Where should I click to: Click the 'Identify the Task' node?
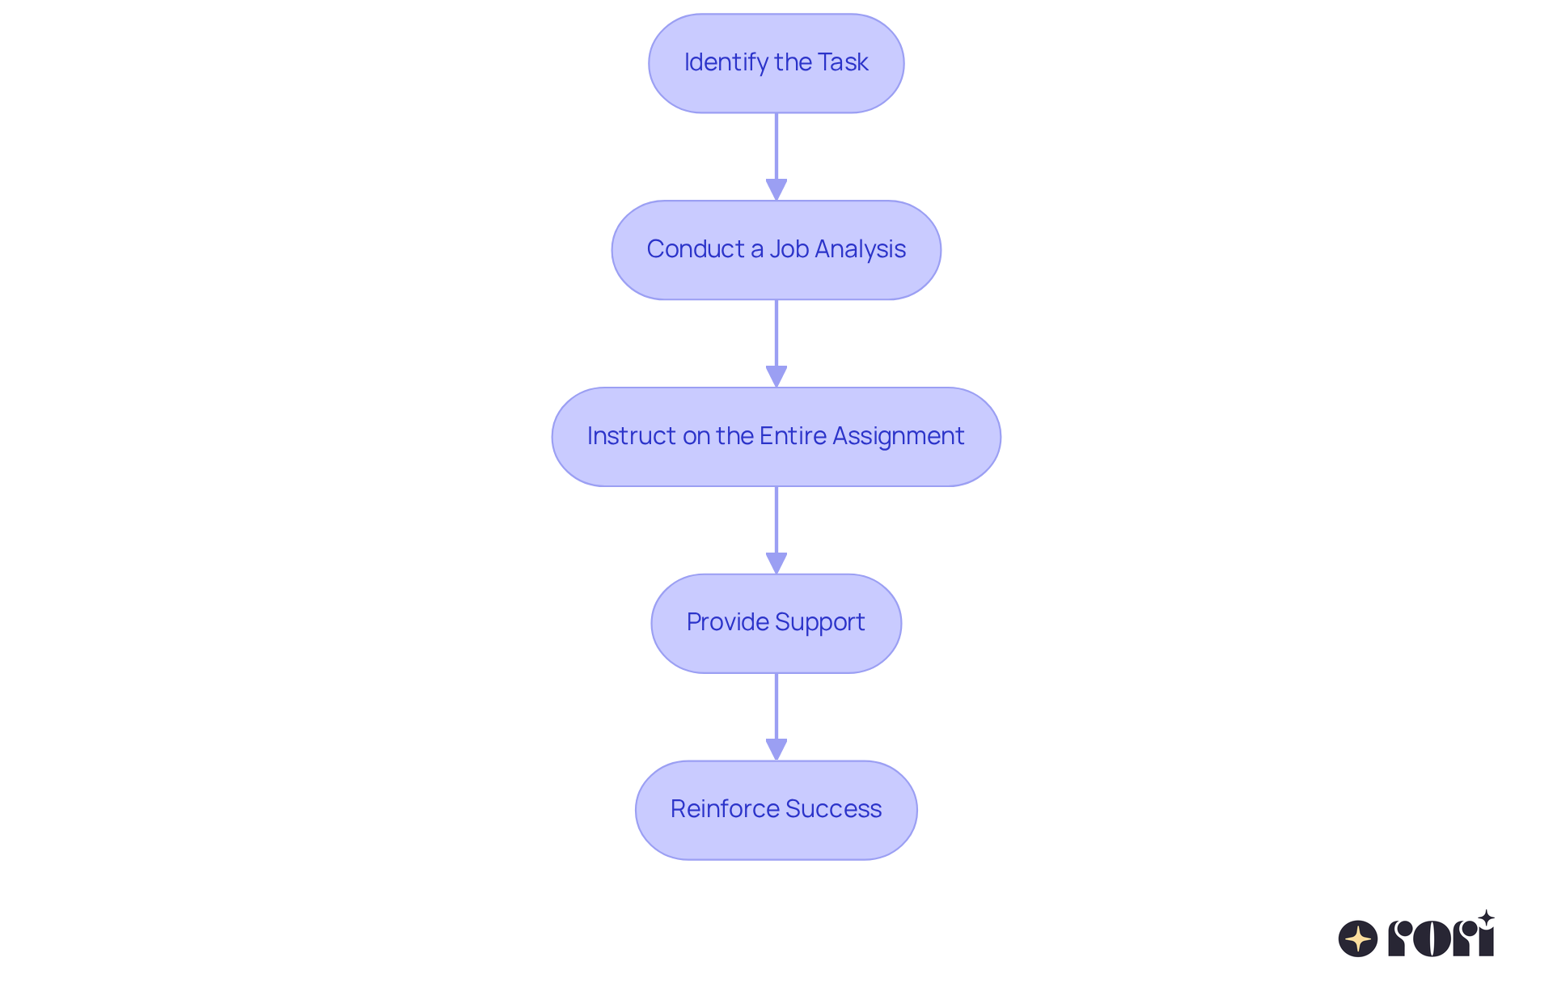pos(776,63)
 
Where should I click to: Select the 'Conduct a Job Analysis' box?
pos(776,250)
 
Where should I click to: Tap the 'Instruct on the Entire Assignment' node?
pos(776,437)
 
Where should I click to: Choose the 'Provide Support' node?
pos(776,623)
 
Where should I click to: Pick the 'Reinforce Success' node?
pos(776,810)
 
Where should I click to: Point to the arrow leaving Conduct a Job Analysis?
pos(776,343)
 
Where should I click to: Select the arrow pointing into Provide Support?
pos(776,530)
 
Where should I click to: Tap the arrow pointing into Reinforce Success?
pos(776,717)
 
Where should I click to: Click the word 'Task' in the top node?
pos(843,62)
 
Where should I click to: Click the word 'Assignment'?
pos(898,436)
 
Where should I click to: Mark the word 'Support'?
pos(821,622)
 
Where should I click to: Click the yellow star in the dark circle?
pos(1358,939)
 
